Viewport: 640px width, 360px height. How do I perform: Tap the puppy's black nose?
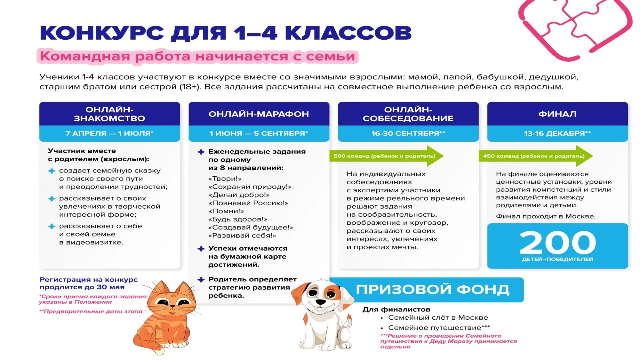(320, 302)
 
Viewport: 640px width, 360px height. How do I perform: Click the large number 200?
(557, 243)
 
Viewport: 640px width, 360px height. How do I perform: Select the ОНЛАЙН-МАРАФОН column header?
(259, 114)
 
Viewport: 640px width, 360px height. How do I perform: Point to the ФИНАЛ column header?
(557, 114)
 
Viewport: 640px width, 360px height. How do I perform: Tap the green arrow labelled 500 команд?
(387, 156)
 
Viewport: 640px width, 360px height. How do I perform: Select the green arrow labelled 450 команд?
(536, 156)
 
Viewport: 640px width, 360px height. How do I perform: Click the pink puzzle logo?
(575, 28)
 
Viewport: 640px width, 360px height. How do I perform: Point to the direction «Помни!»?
(226, 211)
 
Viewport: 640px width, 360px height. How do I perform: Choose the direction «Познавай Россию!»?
(248, 203)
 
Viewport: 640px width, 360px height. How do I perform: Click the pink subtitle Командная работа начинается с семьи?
(197, 56)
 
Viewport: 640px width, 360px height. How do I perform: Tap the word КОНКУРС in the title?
(102, 33)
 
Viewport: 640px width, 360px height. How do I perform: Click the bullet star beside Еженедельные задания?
(201, 152)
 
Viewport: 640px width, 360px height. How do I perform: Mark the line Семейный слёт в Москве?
(438, 318)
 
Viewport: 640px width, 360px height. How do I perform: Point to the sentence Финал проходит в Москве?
(546, 216)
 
